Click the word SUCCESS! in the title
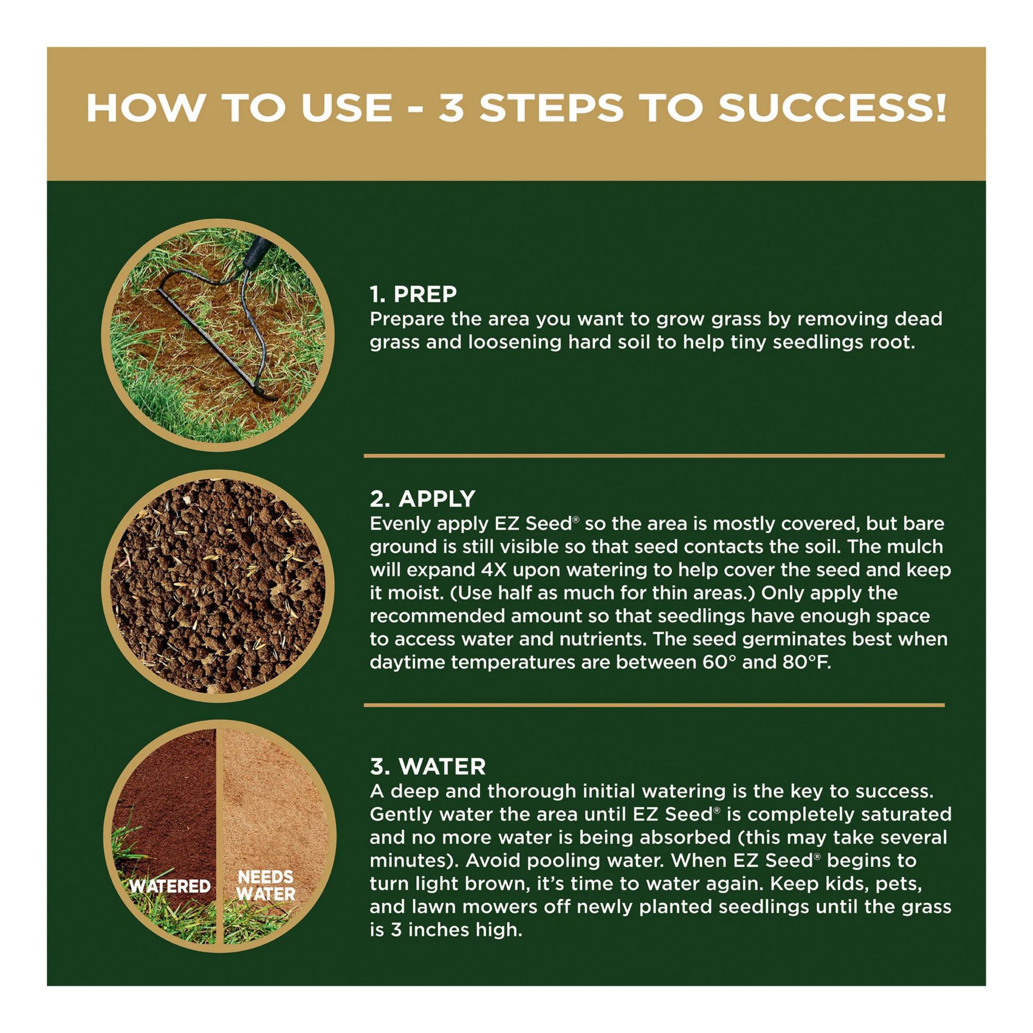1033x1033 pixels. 832,108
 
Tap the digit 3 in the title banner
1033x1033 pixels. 451,108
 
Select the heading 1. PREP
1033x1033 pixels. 413,293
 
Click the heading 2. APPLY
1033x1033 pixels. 422,499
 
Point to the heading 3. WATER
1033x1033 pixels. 428,766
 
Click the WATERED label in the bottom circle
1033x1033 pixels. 170,886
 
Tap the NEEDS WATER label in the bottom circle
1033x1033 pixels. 265,885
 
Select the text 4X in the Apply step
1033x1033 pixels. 490,570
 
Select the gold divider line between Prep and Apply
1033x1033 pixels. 654,456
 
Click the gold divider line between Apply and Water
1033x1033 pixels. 654,705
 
